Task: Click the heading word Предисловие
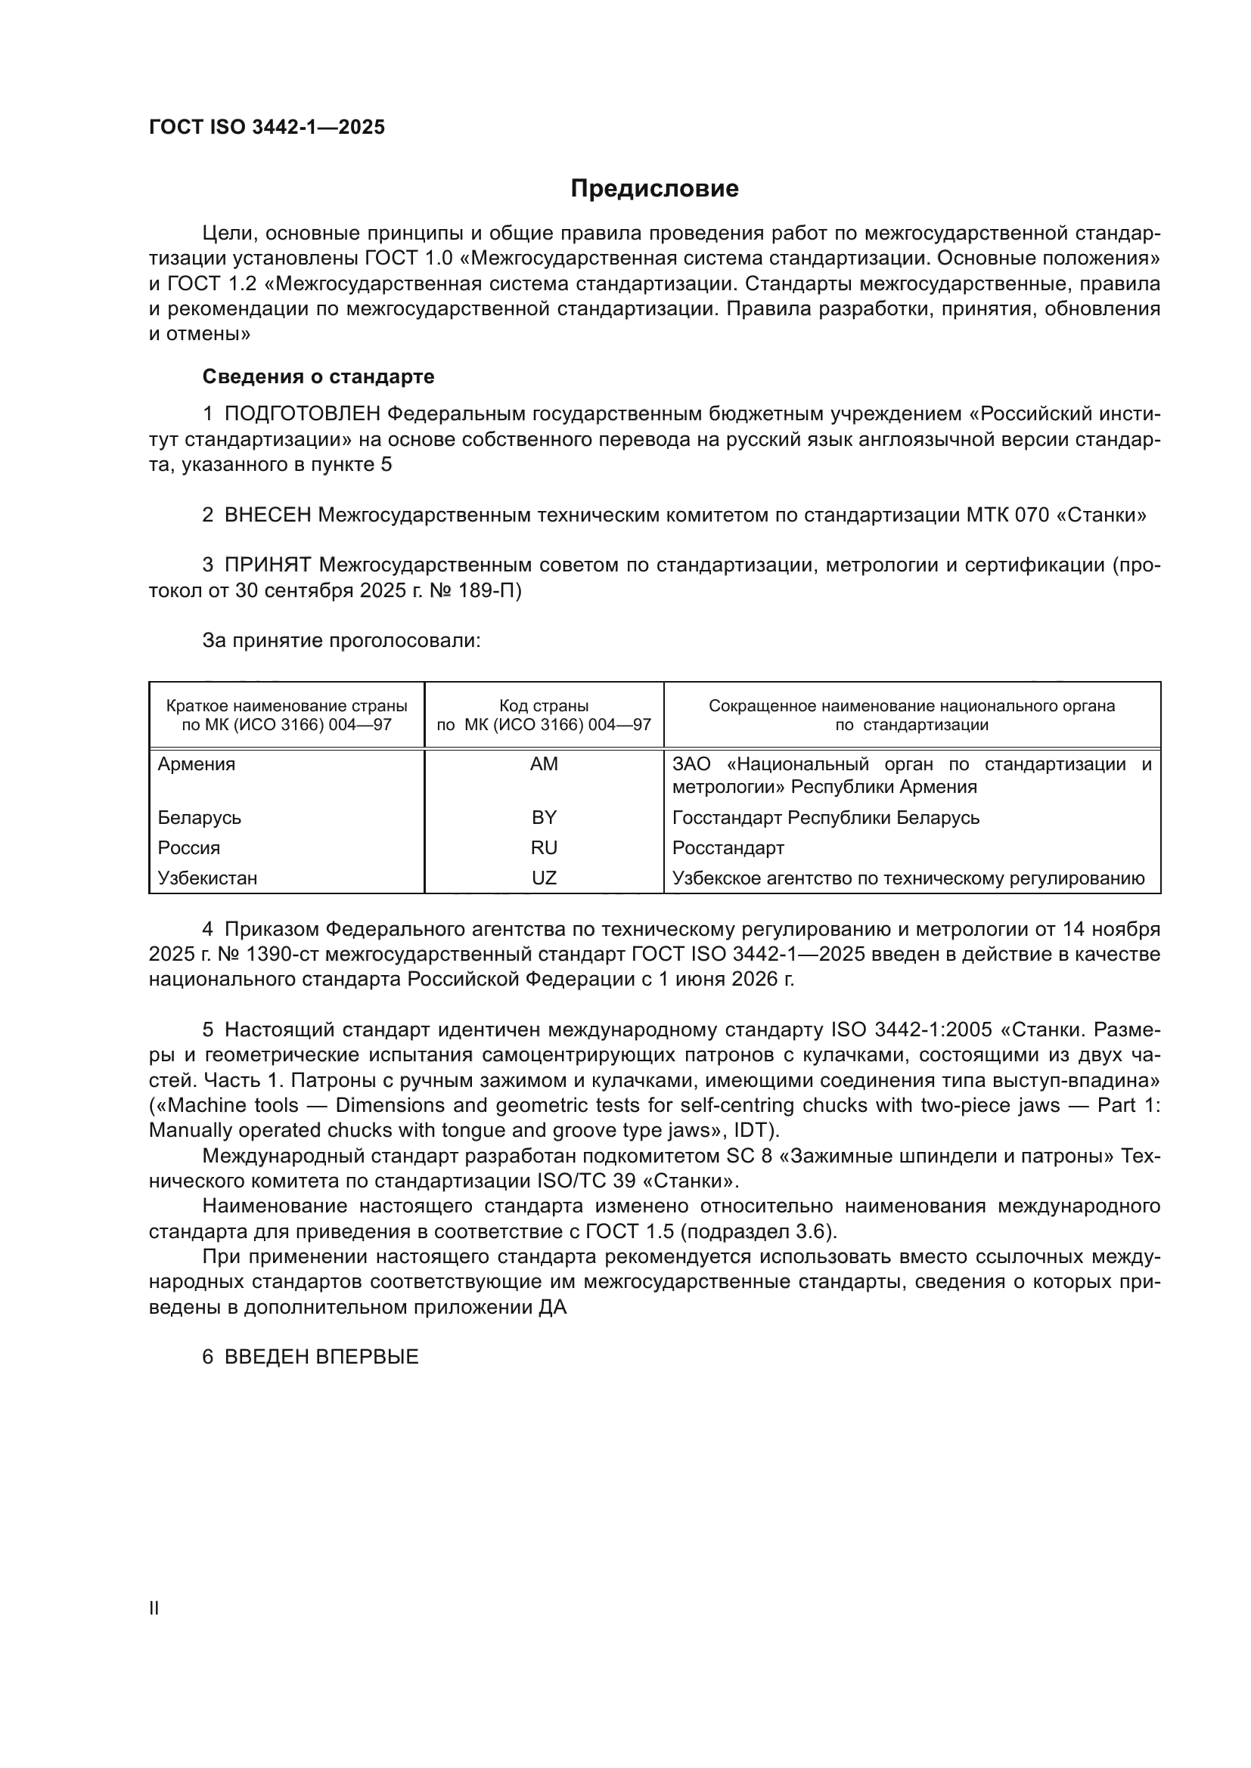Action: pos(654,189)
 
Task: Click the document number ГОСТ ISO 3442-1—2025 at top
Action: pos(266,128)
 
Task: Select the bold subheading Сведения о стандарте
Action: pos(318,376)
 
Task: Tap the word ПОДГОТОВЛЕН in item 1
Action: pos(302,414)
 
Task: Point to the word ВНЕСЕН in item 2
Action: pos(267,516)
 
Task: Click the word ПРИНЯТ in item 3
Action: pos(267,565)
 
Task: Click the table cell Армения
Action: pos(197,764)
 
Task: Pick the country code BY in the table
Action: pos(544,817)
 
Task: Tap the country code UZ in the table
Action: pos(544,878)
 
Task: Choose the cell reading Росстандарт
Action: pos(728,848)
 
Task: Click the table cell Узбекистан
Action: pos(207,878)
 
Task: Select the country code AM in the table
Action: pos(544,764)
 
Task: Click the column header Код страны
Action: pos(544,706)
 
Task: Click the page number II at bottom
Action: pos(154,1609)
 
